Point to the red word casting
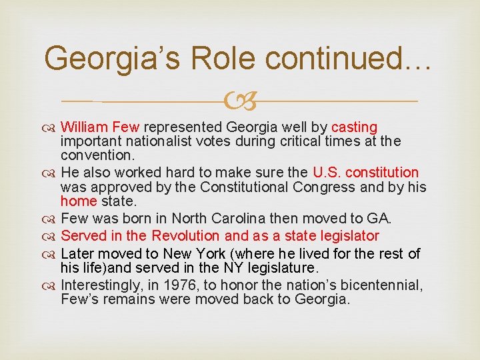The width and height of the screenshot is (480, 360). [x=354, y=127]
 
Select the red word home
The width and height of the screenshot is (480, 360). [x=79, y=201]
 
